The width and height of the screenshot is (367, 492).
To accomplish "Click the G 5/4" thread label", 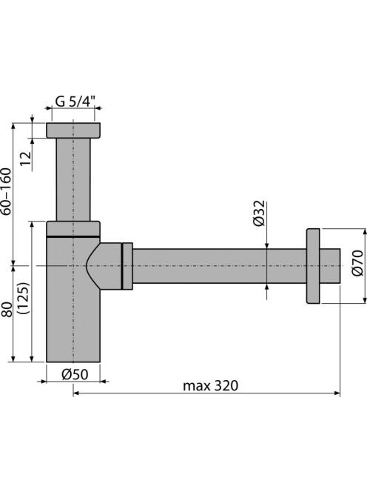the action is [x=75, y=102].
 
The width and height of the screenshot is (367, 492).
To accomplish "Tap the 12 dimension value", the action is [x=27, y=159].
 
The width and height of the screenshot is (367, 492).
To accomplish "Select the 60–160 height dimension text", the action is [x=6, y=191].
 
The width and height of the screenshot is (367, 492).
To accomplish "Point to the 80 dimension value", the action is [x=6, y=310].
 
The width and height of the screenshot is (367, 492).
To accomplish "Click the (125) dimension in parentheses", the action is [x=24, y=298].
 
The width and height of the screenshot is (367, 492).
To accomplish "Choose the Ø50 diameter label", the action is [x=75, y=374].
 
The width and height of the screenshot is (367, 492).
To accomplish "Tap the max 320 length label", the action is [x=211, y=385].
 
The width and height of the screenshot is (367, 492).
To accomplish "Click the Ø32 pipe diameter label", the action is [x=259, y=213].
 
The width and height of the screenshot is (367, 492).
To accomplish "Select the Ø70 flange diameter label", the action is [x=357, y=263].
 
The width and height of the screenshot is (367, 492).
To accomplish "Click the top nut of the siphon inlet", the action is [x=73, y=130].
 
